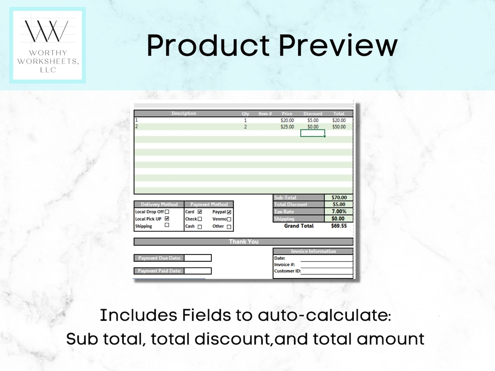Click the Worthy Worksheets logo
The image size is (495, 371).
click(x=47, y=45)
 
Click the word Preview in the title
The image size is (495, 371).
click(x=338, y=45)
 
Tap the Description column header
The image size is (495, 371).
click(x=184, y=113)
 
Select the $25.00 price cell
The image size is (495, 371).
click(x=287, y=127)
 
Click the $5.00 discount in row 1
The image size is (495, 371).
click(x=313, y=120)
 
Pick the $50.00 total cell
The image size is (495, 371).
click(x=339, y=127)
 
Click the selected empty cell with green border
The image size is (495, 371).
click(x=312, y=133)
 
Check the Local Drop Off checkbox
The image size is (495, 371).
click(x=167, y=212)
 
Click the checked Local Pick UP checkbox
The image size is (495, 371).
click(x=167, y=219)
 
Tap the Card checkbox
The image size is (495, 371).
click(x=200, y=212)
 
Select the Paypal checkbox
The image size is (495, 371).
click(x=229, y=212)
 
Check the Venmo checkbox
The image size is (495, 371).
click(x=229, y=219)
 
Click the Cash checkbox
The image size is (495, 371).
click(x=200, y=227)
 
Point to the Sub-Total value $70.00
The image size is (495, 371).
click(x=339, y=197)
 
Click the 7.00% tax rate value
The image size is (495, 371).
click(x=339, y=212)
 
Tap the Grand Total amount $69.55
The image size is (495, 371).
click(x=339, y=226)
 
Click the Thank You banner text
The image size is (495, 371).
click(x=243, y=242)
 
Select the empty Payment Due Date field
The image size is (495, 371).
click(x=198, y=258)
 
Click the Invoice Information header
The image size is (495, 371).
click(x=313, y=251)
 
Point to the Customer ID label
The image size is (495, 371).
click(x=287, y=271)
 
